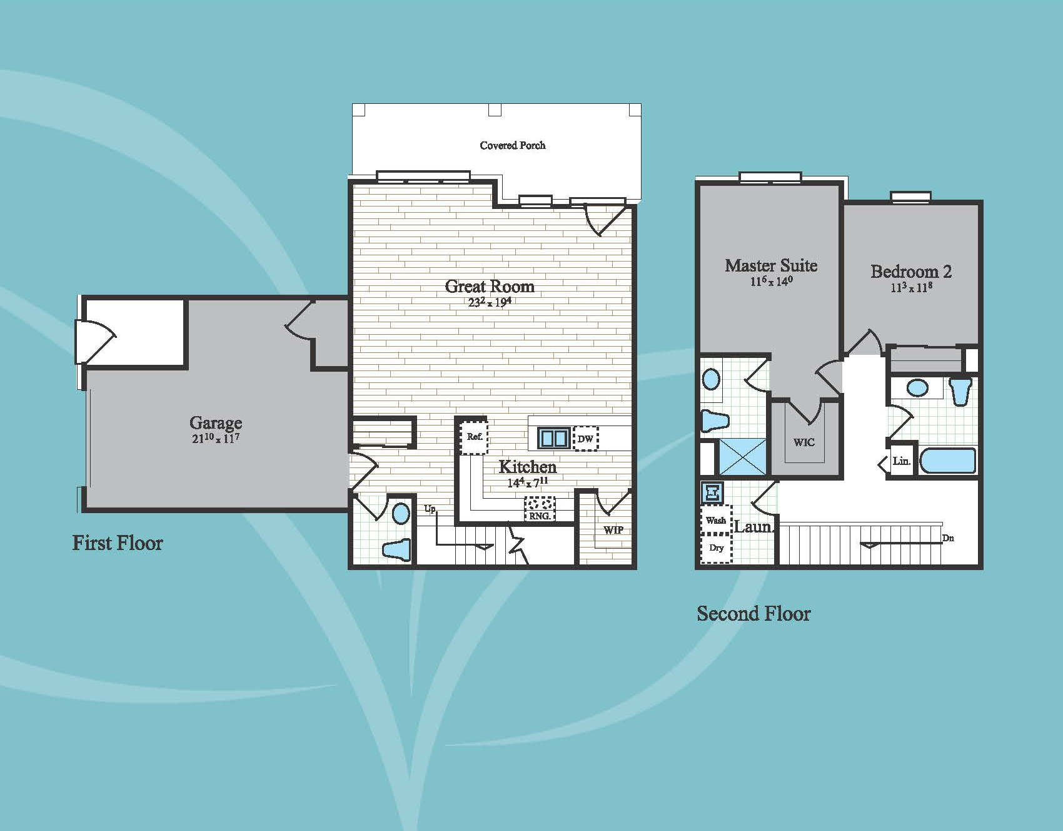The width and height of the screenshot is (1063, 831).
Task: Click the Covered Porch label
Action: coord(513,145)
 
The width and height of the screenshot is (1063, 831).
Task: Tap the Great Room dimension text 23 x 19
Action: coord(490,302)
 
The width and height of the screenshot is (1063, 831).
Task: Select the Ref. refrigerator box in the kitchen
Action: coord(475,436)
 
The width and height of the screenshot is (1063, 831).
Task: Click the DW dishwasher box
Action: coord(585,439)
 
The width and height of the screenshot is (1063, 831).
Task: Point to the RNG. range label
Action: coord(540,516)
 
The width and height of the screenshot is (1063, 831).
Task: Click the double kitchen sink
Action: coord(554,437)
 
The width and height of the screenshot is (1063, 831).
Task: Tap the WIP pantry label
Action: coord(613,530)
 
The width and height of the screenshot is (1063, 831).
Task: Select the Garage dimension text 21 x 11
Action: coord(216,438)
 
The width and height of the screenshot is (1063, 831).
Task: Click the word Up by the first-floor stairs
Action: coord(430,509)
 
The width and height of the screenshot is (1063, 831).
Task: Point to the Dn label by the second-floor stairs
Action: coord(948,538)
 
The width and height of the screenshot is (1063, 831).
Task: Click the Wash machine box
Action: coord(716,519)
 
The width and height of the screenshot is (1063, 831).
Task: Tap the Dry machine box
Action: coord(716,548)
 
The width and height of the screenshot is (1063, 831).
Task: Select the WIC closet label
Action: coord(804,442)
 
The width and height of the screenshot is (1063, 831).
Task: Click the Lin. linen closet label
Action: coord(901,461)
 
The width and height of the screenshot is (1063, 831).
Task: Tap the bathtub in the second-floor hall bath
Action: coord(948,461)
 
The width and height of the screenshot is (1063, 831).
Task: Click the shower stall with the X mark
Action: coord(742,457)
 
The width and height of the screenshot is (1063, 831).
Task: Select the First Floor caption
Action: coord(118,543)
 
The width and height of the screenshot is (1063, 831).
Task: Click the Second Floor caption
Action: coord(753,613)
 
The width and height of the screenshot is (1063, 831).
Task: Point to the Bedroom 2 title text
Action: coord(911,272)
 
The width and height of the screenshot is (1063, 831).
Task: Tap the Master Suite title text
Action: coord(771,265)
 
